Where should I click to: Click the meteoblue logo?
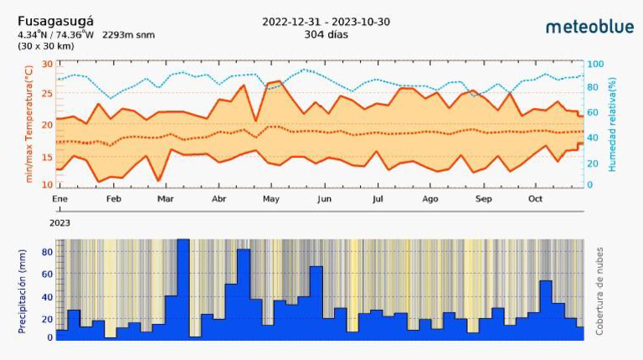click(x=589, y=27)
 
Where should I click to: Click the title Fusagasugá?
click(x=55, y=21)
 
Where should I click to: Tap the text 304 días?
click(x=327, y=34)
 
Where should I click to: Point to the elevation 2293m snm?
click(x=128, y=35)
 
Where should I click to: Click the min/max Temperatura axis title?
click(x=28, y=124)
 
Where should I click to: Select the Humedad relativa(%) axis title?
click(x=612, y=124)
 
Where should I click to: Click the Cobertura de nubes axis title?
click(x=599, y=291)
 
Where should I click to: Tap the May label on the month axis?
click(x=271, y=199)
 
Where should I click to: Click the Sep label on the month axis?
click(x=483, y=199)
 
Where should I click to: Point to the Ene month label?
click(x=59, y=199)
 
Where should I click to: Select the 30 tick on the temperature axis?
click(x=47, y=64)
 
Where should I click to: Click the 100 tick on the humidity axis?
click(x=595, y=64)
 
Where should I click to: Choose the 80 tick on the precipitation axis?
click(x=48, y=252)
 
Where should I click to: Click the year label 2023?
click(x=59, y=224)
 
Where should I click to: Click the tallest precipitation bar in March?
click(x=183, y=288)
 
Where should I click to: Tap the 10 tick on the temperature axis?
click(x=47, y=184)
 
